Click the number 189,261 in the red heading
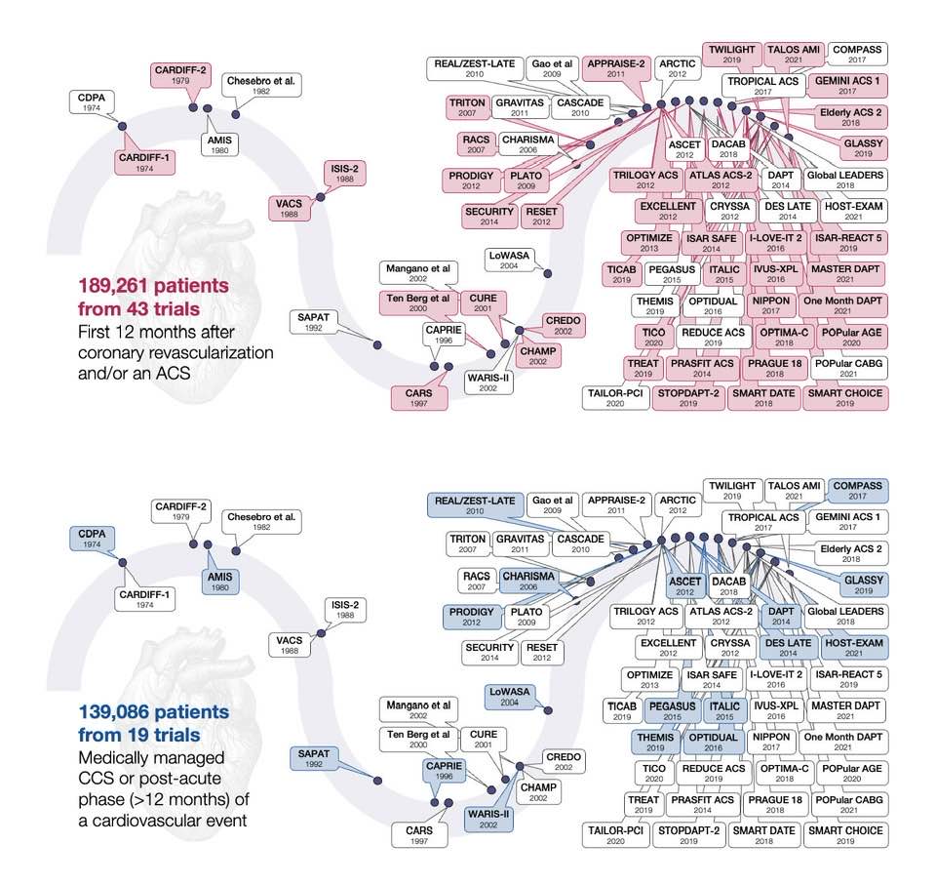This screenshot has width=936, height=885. [x=111, y=286]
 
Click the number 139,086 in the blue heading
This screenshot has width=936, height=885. [x=111, y=711]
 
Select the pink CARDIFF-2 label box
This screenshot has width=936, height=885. [x=180, y=75]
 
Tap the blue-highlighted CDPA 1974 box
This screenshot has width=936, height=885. [x=92, y=539]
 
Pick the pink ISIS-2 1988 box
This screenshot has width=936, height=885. [x=344, y=174]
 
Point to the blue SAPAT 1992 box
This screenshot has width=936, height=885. [x=313, y=758]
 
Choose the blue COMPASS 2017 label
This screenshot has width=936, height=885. [x=857, y=491]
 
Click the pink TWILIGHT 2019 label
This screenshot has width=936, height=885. [x=732, y=54]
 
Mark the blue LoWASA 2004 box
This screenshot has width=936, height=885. [x=509, y=696]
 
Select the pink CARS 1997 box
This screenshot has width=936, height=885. [x=418, y=398]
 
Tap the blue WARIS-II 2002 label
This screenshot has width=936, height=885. [x=488, y=820]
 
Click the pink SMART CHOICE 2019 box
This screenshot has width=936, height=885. [x=844, y=398]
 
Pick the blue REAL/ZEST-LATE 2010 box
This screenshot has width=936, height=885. [x=475, y=504]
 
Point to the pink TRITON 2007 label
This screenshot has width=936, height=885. [x=467, y=107]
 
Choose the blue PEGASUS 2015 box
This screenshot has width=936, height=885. [x=672, y=710]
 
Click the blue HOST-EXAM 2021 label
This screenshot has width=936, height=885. [x=853, y=647]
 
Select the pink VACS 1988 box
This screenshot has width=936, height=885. [x=289, y=208]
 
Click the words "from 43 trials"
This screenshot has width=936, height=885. [x=139, y=309]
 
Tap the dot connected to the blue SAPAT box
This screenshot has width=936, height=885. [x=377, y=781]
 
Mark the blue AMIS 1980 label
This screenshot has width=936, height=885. [x=219, y=582]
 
